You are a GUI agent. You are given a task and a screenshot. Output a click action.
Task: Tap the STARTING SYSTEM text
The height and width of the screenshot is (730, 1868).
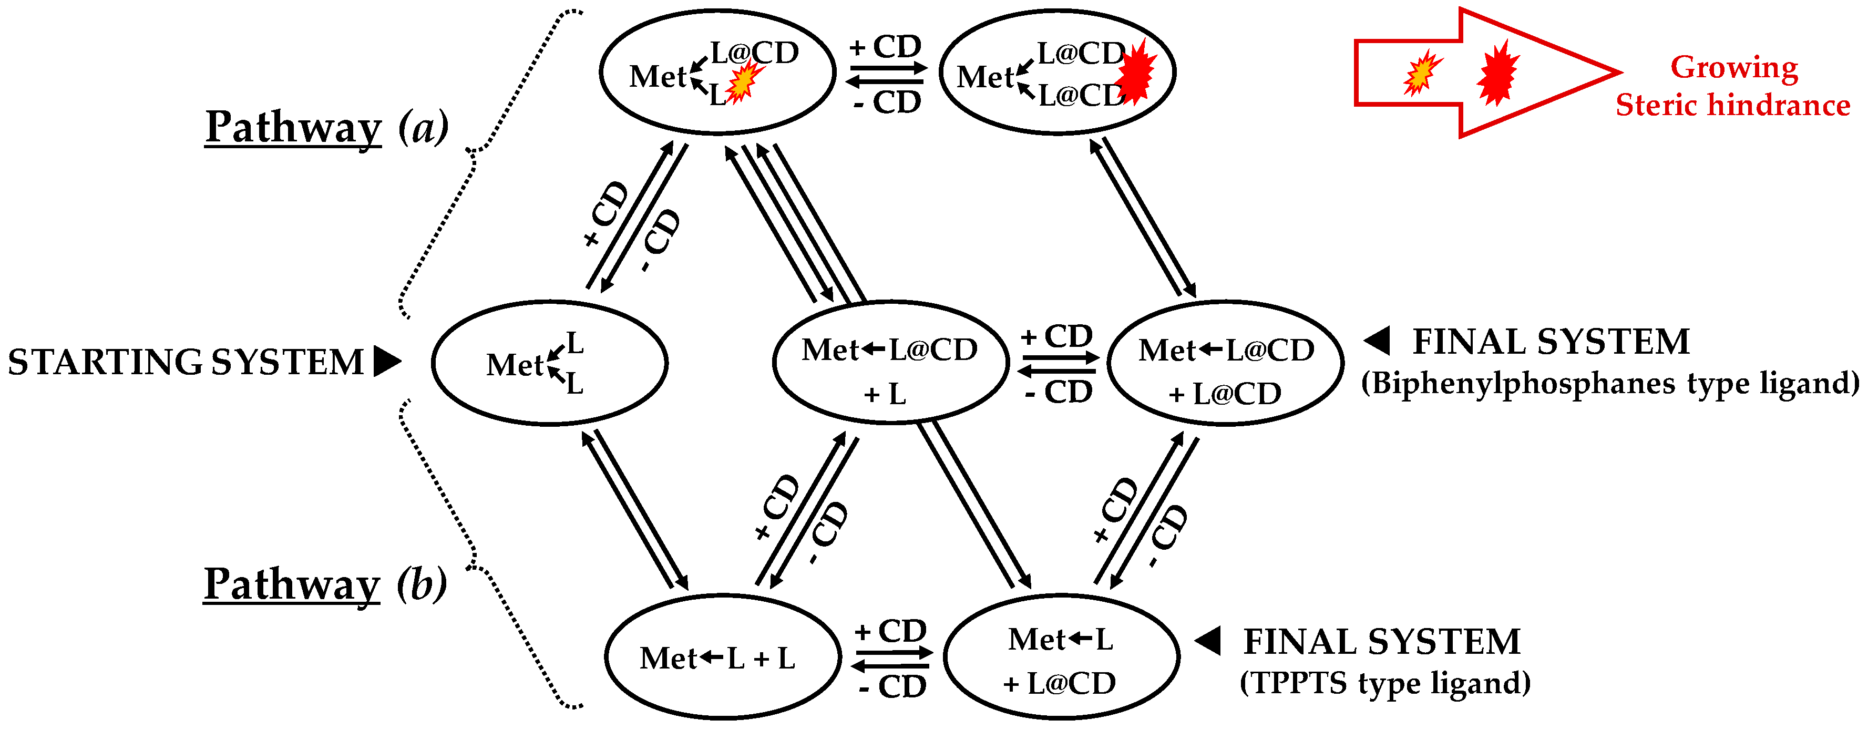point(186,362)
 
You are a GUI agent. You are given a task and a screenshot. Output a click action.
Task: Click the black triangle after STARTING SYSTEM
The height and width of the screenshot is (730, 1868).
point(386,361)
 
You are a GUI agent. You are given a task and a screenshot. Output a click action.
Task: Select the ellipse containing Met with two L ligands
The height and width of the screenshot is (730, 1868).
point(550,363)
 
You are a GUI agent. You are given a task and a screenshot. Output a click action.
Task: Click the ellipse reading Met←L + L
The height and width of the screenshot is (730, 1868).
point(722,657)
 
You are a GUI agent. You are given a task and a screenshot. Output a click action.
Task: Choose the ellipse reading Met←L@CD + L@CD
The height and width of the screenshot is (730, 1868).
point(1226,363)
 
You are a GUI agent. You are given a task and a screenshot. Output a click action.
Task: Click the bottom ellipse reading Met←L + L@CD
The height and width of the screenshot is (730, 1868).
point(1061,657)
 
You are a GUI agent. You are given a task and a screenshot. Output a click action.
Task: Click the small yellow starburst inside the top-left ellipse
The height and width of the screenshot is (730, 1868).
point(745,80)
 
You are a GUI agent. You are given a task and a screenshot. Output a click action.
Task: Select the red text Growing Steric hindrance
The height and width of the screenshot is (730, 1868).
point(1733,86)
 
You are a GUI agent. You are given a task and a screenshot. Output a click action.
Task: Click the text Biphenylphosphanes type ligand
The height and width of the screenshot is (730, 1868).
point(1610,383)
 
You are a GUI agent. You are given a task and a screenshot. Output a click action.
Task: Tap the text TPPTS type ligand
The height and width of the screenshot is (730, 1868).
point(1385,683)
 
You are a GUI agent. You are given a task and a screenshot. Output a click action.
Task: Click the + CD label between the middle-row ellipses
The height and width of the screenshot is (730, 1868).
point(1056,336)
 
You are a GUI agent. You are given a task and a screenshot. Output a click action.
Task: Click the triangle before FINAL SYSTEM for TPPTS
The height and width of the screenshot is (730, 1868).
point(1208,640)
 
